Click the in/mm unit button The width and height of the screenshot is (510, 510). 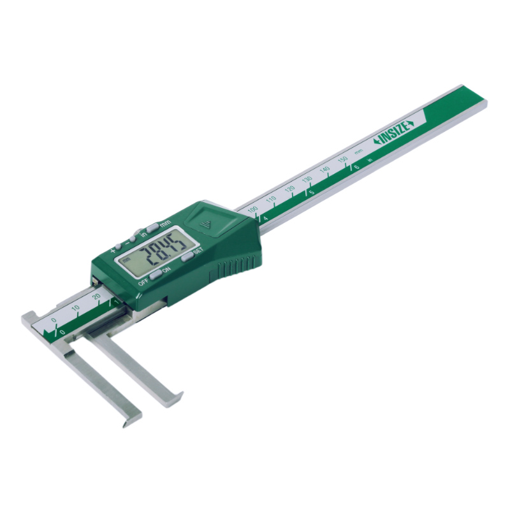[x=153, y=226]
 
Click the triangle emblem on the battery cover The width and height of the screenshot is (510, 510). [x=205, y=222]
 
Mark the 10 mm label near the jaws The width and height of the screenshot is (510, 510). [x=75, y=309]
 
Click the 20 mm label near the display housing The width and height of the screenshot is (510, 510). [x=96, y=296]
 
